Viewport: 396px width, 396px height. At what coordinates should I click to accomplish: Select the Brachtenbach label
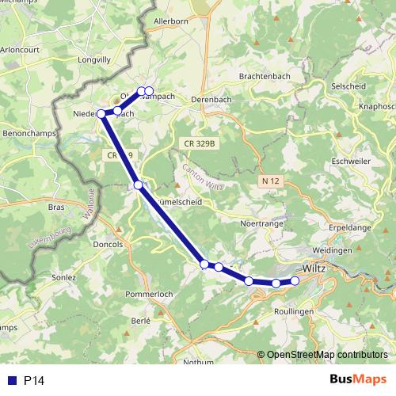[264, 77]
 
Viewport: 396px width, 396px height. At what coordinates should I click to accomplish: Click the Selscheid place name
[351, 85]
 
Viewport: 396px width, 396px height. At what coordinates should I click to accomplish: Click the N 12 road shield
[271, 181]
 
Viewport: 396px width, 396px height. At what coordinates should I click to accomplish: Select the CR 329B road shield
[200, 142]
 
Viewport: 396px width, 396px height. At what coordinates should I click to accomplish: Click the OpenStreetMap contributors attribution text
[327, 355]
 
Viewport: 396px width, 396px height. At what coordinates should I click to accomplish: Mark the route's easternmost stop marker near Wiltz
[295, 280]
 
